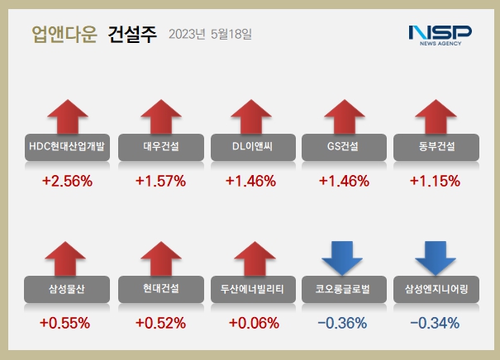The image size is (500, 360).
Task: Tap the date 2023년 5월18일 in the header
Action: point(210,35)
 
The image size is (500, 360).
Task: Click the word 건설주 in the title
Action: point(132,35)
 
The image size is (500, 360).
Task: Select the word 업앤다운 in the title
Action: point(64,35)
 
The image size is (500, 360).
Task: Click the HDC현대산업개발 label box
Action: point(67,147)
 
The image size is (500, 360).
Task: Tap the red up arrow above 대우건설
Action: point(160,117)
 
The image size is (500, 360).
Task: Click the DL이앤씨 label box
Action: point(253,147)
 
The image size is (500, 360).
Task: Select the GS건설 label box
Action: point(344,147)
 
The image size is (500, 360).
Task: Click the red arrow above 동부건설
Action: point(436,117)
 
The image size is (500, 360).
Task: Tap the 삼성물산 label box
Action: point(67,289)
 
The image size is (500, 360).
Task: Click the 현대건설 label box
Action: point(160,289)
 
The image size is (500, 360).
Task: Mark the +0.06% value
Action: point(253,323)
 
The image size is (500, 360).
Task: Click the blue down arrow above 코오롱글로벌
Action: point(344,258)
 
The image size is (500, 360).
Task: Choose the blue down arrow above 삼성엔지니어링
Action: point(436,258)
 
